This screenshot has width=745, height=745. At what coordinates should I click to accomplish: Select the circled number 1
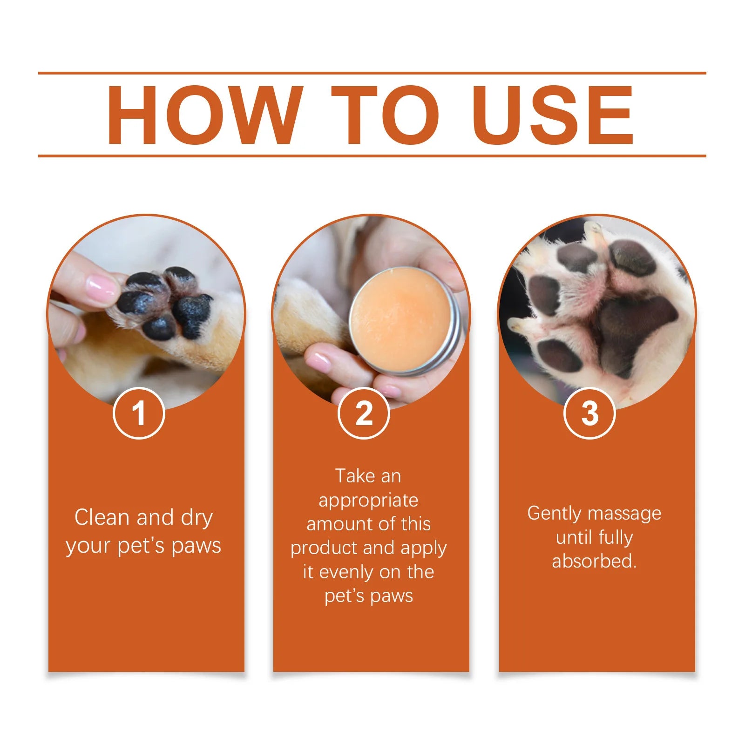click(139, 413)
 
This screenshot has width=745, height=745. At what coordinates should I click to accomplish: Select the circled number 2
click(364, 413)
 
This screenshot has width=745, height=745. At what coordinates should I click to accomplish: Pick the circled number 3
click(589, 413)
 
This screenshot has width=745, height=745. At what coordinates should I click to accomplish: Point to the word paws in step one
click(196, 546)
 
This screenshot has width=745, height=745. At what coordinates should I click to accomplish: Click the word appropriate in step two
click(368, 501)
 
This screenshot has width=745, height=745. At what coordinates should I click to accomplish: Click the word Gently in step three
click(554, 513)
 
